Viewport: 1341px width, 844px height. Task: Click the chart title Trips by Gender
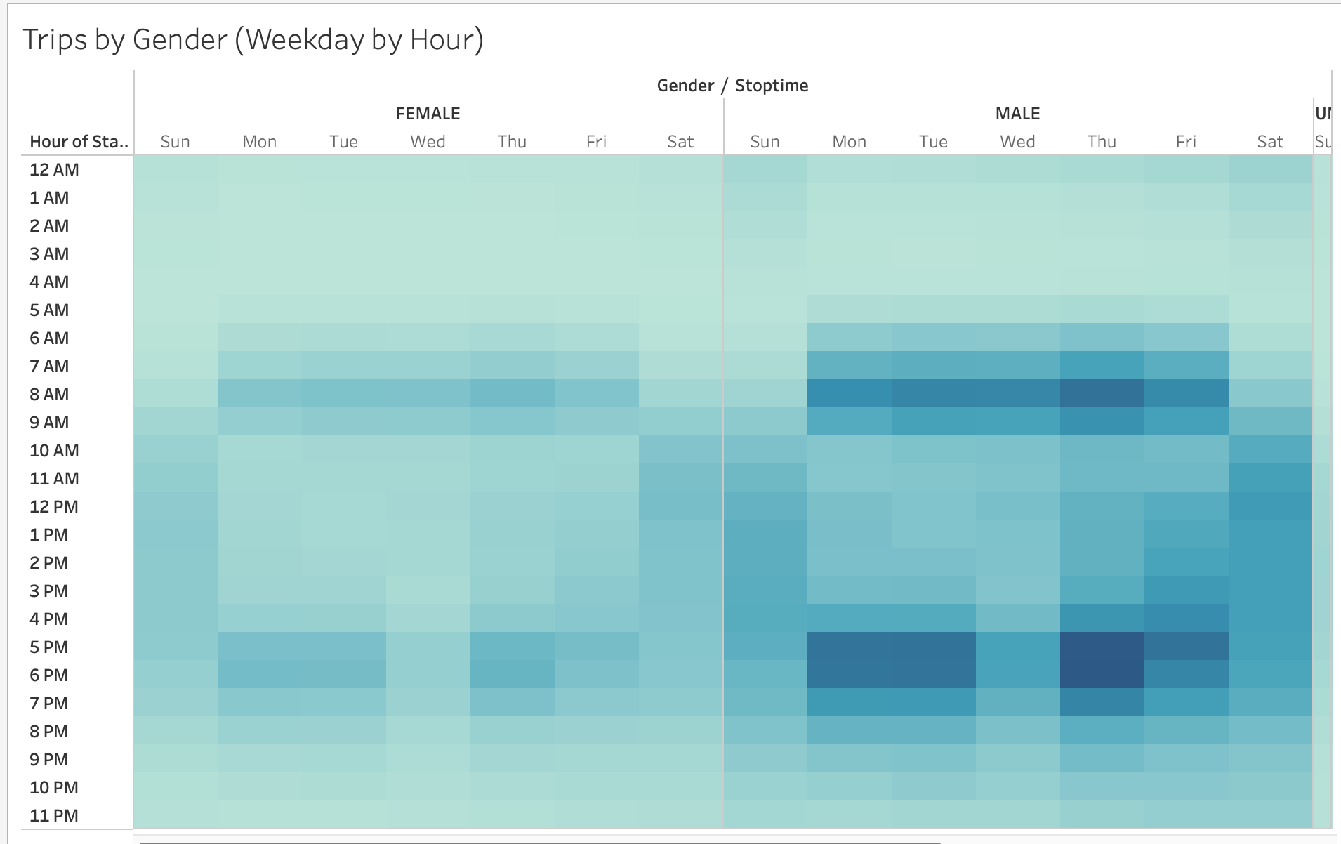pos(253,40)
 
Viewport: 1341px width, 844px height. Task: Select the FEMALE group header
pos(428,114)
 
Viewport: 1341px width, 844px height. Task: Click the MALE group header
pos(1017,114)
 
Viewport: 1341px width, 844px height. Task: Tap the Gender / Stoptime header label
pos(732,86)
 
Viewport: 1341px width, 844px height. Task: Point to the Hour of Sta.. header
pos(79,142)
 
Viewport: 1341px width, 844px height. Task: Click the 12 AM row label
pos(54,170)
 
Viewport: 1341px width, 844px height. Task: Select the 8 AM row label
pos(49,395)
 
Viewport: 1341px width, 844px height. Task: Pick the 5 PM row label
pos(49,647)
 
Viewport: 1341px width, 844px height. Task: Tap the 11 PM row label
pos(54,816)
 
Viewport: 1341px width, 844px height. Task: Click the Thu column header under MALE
pos(1102,142)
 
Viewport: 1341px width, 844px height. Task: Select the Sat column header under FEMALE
pos(680,142)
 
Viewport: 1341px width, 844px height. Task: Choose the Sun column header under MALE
pos(765,142)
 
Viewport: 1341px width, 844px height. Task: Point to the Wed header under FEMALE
pos(428,142)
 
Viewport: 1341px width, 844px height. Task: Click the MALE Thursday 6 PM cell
pos(1102,675)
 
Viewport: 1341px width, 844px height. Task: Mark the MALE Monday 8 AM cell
pos(849,394)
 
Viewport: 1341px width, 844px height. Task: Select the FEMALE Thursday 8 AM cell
pos(512,394)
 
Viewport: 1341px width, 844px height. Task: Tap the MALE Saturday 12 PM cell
pos(1270,506)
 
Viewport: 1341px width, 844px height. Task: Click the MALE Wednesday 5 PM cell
pos(1017,647)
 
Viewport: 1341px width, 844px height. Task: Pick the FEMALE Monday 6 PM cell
pos(259,675)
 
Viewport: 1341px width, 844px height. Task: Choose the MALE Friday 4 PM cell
pos(1186,619)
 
